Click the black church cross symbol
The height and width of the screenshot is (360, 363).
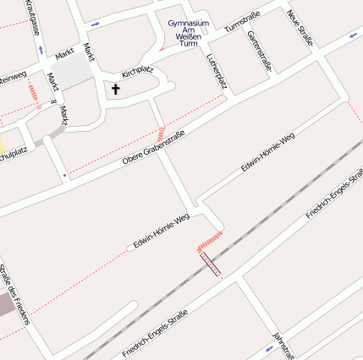(x=116, y=88)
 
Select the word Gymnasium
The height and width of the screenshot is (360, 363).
(x=188, y=23)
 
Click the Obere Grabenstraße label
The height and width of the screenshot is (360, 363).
(x=154, y=145)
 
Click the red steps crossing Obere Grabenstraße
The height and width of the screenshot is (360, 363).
(x=160, y=134)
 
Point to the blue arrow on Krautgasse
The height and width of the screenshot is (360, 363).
(x=39, y=49)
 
